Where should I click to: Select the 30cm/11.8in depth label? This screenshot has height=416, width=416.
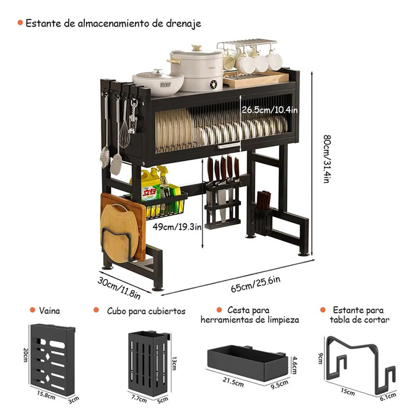119,287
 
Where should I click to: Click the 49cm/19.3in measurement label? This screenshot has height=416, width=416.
175,227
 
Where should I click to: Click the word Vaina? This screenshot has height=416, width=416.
49,311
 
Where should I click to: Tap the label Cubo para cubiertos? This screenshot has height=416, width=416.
146,311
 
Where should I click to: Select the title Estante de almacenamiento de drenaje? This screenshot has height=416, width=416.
113,23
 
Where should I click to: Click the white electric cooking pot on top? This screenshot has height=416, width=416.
197,70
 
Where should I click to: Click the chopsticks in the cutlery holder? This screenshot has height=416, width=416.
264,200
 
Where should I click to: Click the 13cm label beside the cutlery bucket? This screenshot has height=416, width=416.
175,362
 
